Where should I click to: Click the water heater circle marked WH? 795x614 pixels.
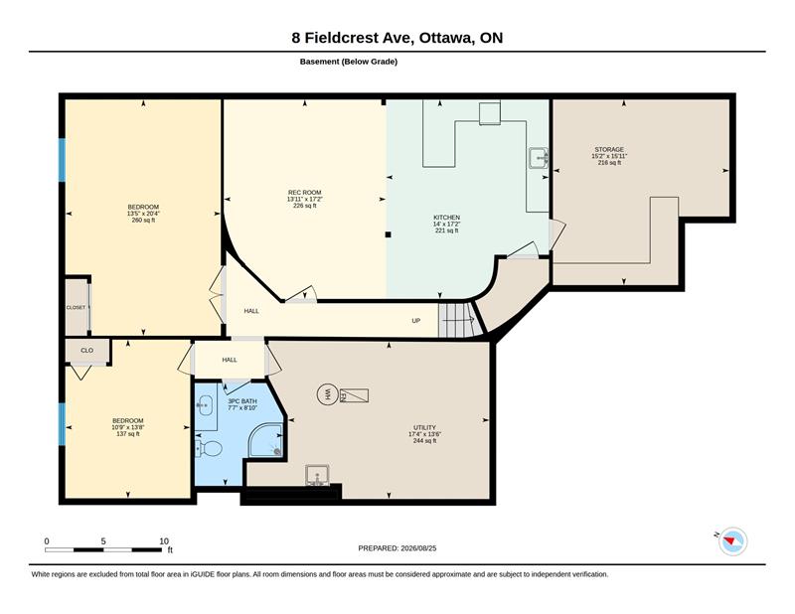coord(327,394)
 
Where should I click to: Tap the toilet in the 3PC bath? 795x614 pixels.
coord(210,448)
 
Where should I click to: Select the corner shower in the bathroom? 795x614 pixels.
coord(265,440)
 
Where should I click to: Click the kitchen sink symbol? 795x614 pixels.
coord(539,158)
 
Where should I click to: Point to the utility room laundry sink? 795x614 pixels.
coord(317,476)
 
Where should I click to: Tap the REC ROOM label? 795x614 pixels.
coord(305,193)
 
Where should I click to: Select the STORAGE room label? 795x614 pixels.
coord(609,150)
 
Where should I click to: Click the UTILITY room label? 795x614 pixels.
coord(425,427)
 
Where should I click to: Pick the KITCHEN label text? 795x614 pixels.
coord(446,218)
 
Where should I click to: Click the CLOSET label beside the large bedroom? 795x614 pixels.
coord(77,308)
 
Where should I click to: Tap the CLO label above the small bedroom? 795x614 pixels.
coord(87,351)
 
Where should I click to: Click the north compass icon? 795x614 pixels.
coord(732,540)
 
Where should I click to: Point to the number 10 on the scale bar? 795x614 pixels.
coord(164,541)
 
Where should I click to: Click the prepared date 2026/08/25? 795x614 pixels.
coord(418,548)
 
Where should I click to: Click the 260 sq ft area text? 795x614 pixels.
coord(143,220)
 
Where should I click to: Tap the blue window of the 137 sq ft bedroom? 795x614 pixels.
coord(62,424)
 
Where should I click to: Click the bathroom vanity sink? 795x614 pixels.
coord(205,406)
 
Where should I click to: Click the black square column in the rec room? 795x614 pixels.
coord(388,234)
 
